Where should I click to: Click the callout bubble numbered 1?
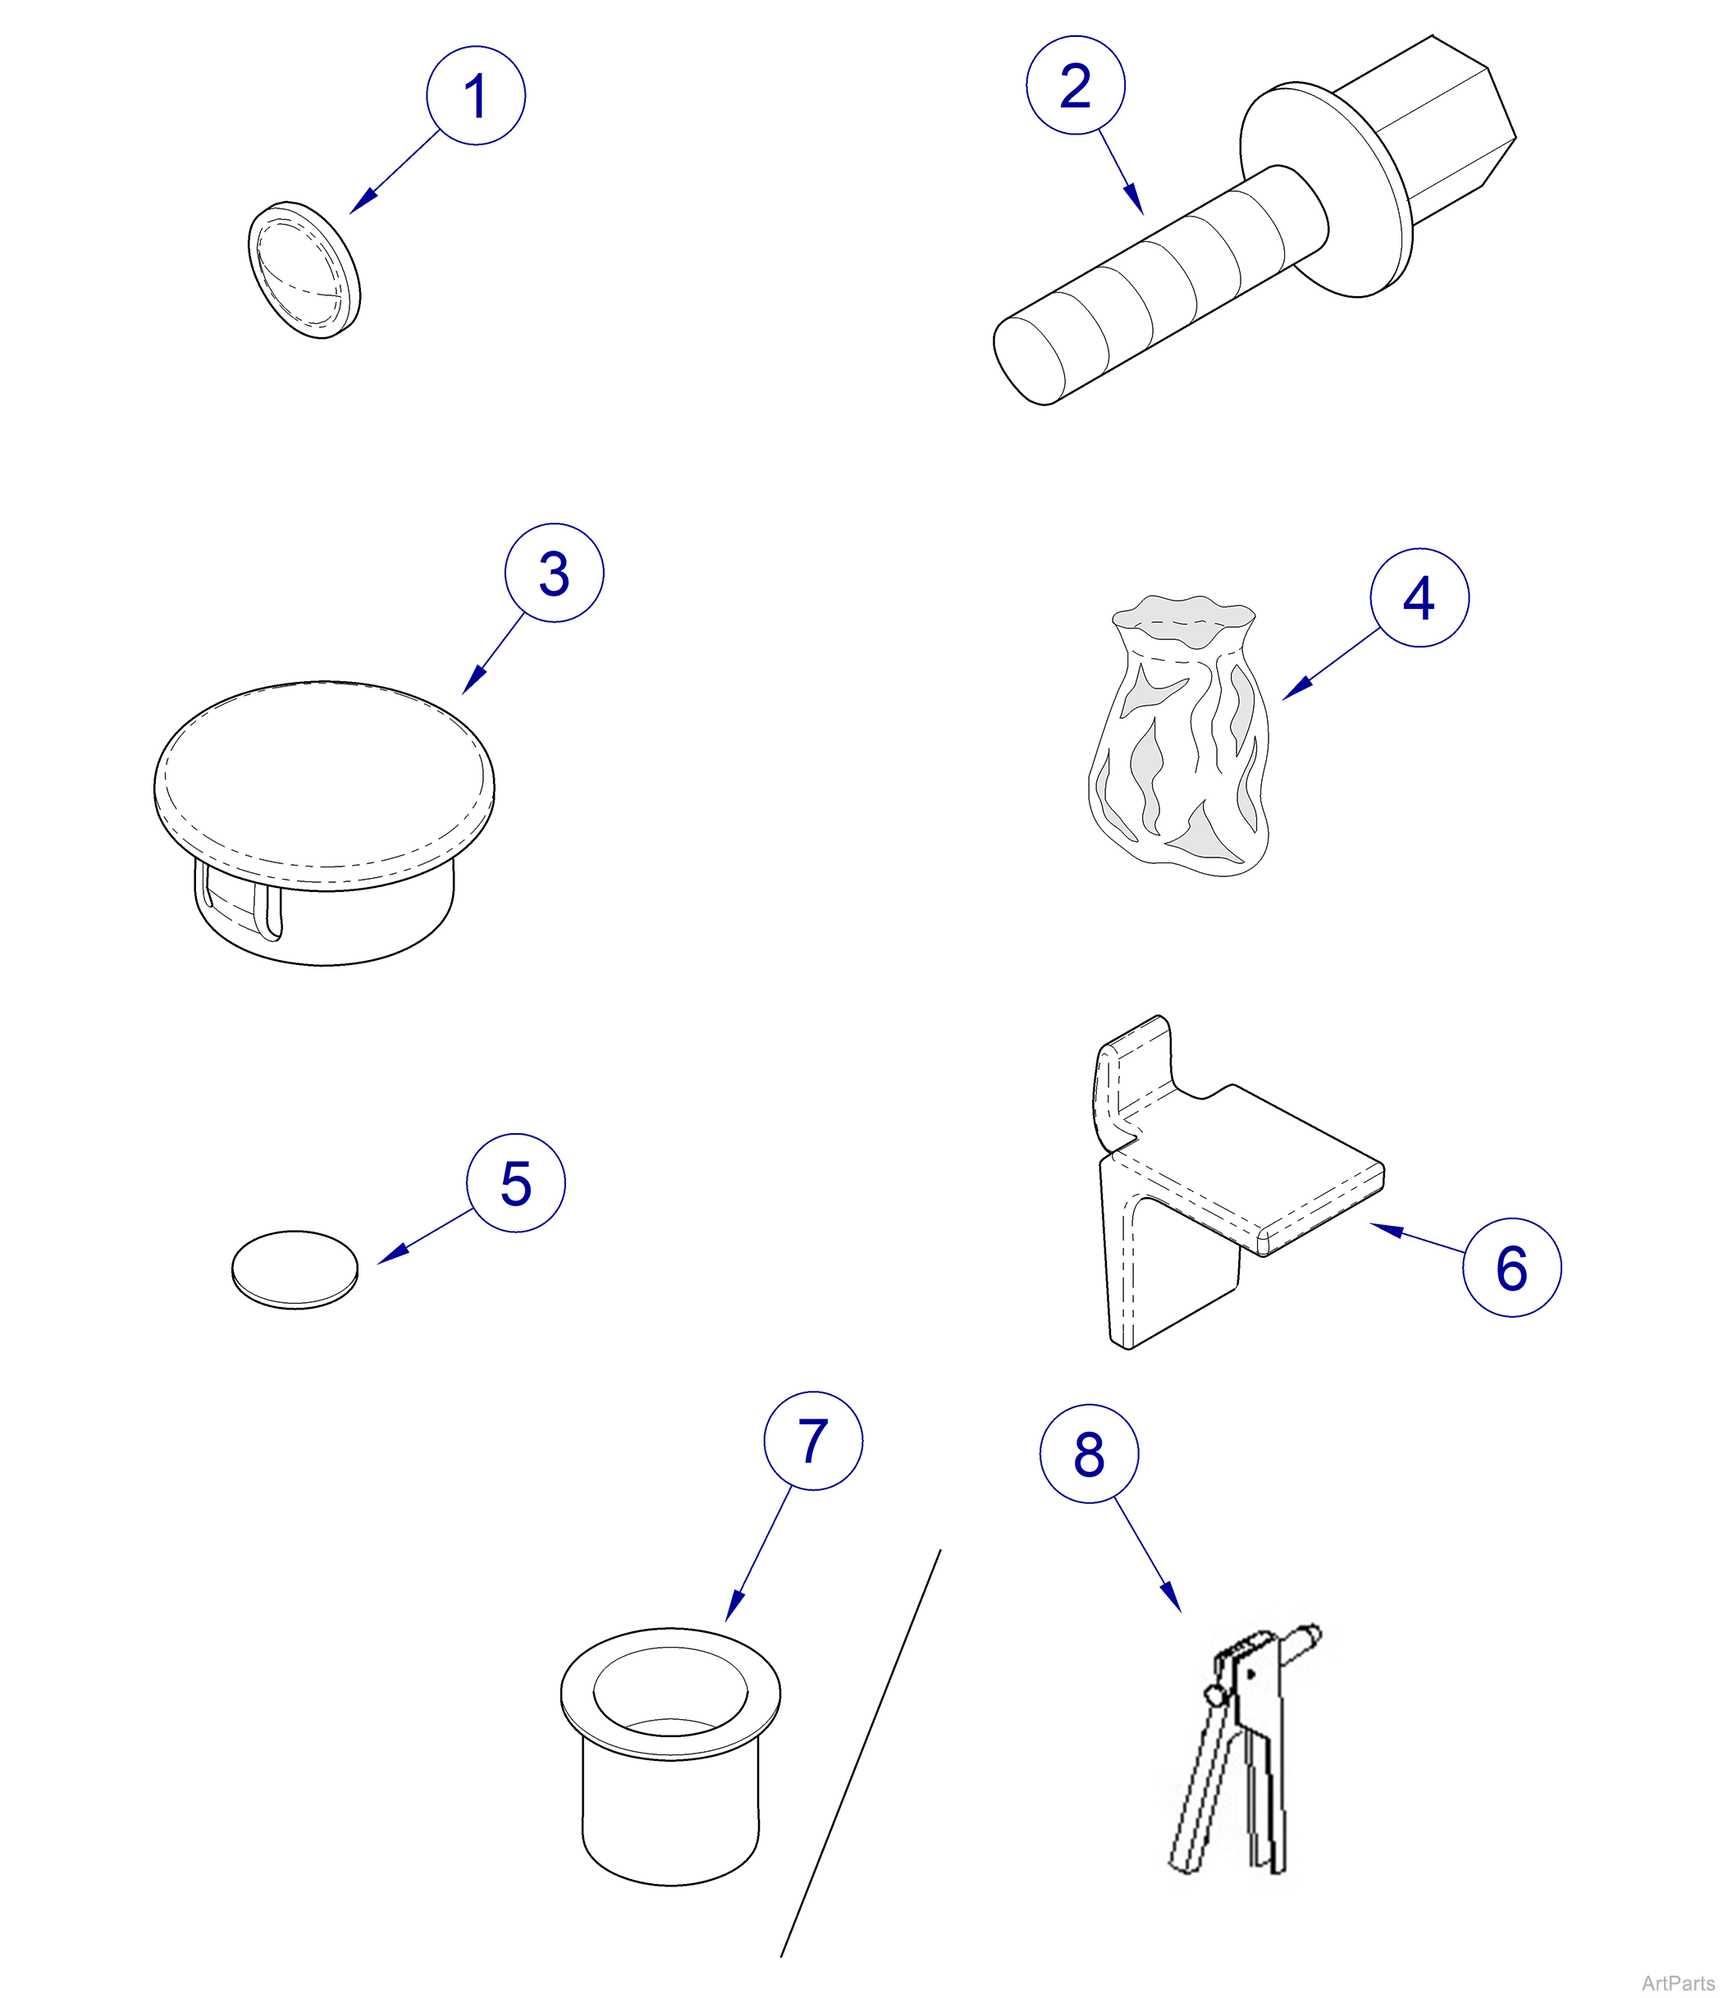pyautogui.click(x=475, y=95)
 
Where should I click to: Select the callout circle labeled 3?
pyautogui.click(x=554, y=573)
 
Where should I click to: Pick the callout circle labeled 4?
pyautogui.click(x=1419, y=598)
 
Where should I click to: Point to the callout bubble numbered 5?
pyautogui.click(x=516, y=1183)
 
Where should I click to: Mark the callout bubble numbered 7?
pyautogui.click(x=813, y=1441)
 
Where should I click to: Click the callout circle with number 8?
pyautogui.click(x=1089, y=1454)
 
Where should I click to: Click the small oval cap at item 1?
pyautogui.click(x=304, y=270)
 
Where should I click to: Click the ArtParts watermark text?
pyautogui.click(x=1677, y=1982)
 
